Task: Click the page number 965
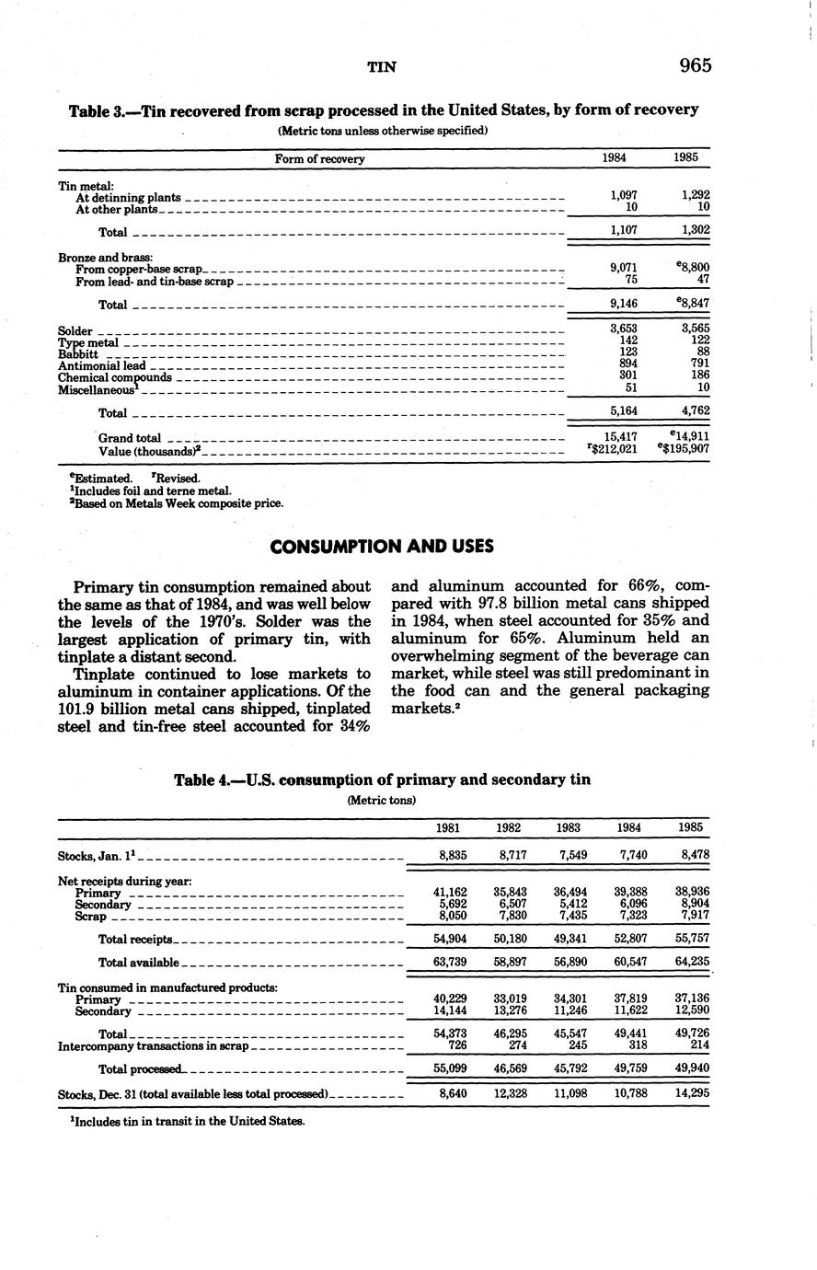(696, 65)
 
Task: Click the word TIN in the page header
(382, 66)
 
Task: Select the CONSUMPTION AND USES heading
(382, 547)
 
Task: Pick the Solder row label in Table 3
(75, 330)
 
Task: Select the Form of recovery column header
(319, 159)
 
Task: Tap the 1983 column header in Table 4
(568, 827)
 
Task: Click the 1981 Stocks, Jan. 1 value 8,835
(452, 855)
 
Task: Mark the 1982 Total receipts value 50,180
(509, 939)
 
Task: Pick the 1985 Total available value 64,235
(690, 962)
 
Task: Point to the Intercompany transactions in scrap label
(153, 1046)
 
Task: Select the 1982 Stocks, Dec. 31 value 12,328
(509, 1094)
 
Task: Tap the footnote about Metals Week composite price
(170, 503)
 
